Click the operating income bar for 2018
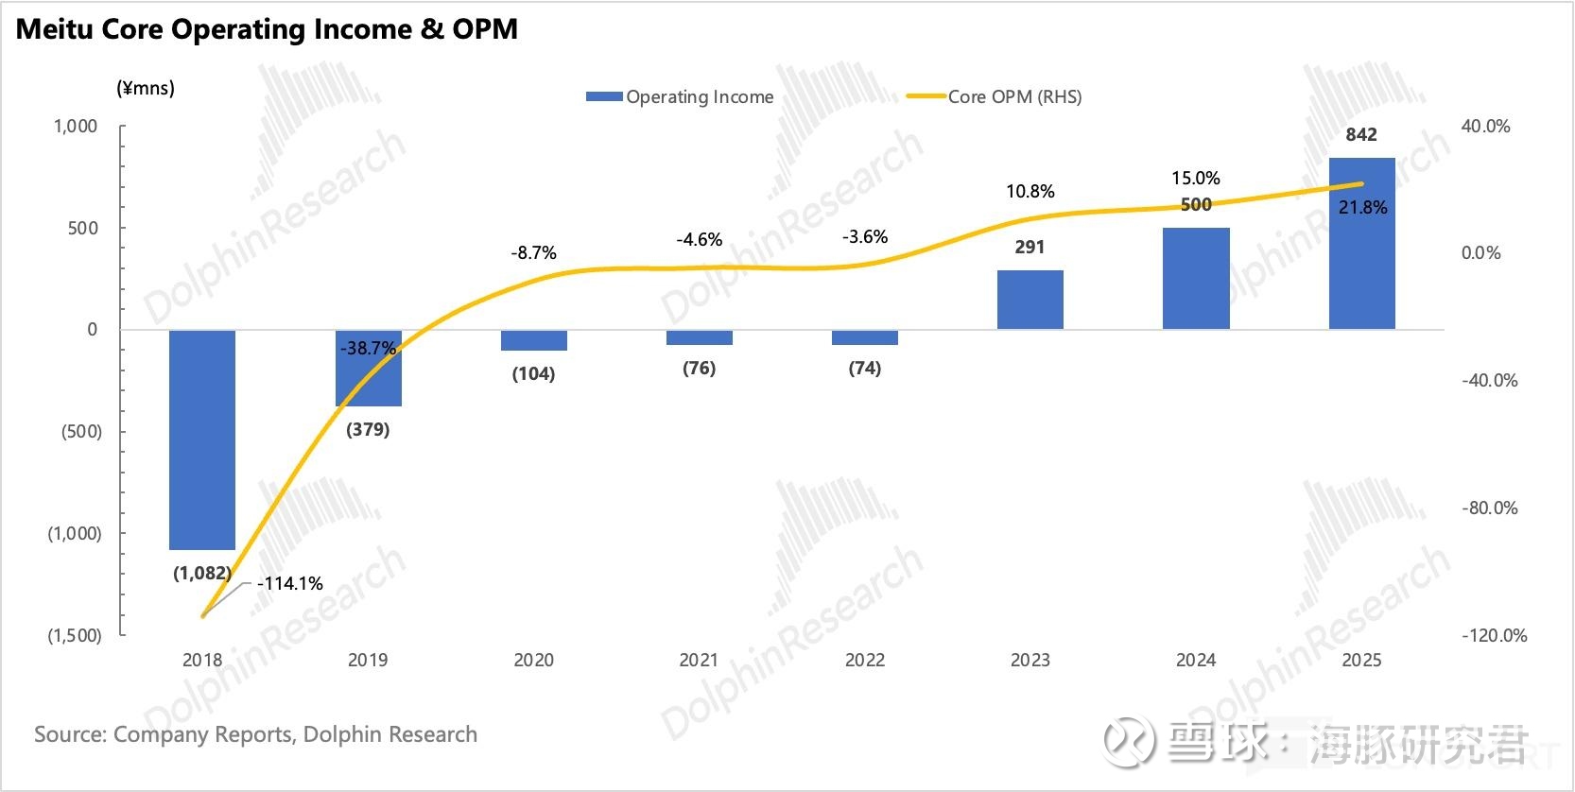pos(202,439)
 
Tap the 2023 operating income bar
pos(1030,300)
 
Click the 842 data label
pos(1361,134)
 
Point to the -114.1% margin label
pos(290,583)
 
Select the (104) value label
pos(533,373)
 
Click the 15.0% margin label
pos(1196,178)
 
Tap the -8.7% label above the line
pos(533,252)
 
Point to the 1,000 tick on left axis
pos(76,126)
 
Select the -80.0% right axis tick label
pos(1490,508)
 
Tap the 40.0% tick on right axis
pos(1485,126)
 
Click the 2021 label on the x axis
pos(699,660)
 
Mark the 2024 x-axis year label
pos(1196,660)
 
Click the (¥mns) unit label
pos(146,88)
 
